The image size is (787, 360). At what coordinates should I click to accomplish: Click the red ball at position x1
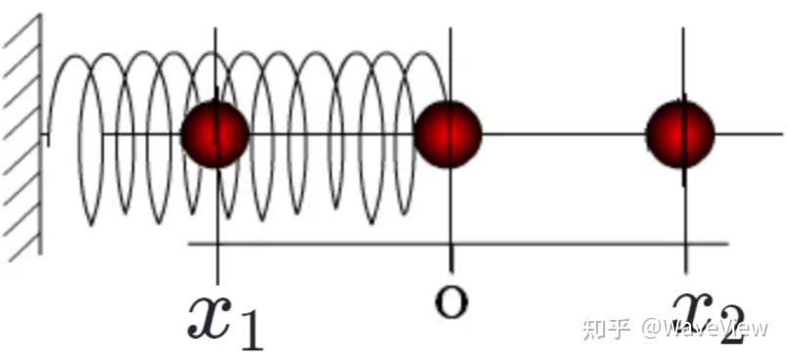pos(214,134)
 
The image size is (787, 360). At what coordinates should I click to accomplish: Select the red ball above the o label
pos(447,134)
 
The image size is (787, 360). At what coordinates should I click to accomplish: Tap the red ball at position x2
pos(680,134)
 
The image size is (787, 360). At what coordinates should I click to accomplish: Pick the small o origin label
pos(450,303)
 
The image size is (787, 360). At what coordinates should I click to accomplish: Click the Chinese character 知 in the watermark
pos(594,329)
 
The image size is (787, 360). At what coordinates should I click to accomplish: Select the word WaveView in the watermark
pos(717,329)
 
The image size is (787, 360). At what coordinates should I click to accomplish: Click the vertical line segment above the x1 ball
pos(215,65)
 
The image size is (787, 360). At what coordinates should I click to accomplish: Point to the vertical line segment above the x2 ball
pos(682,65)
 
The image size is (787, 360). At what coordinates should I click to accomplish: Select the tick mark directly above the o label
pos(450,256)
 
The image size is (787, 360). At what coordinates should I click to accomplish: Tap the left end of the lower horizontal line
pos(189,245)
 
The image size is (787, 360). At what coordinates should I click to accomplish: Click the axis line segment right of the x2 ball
pos(748,134)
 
